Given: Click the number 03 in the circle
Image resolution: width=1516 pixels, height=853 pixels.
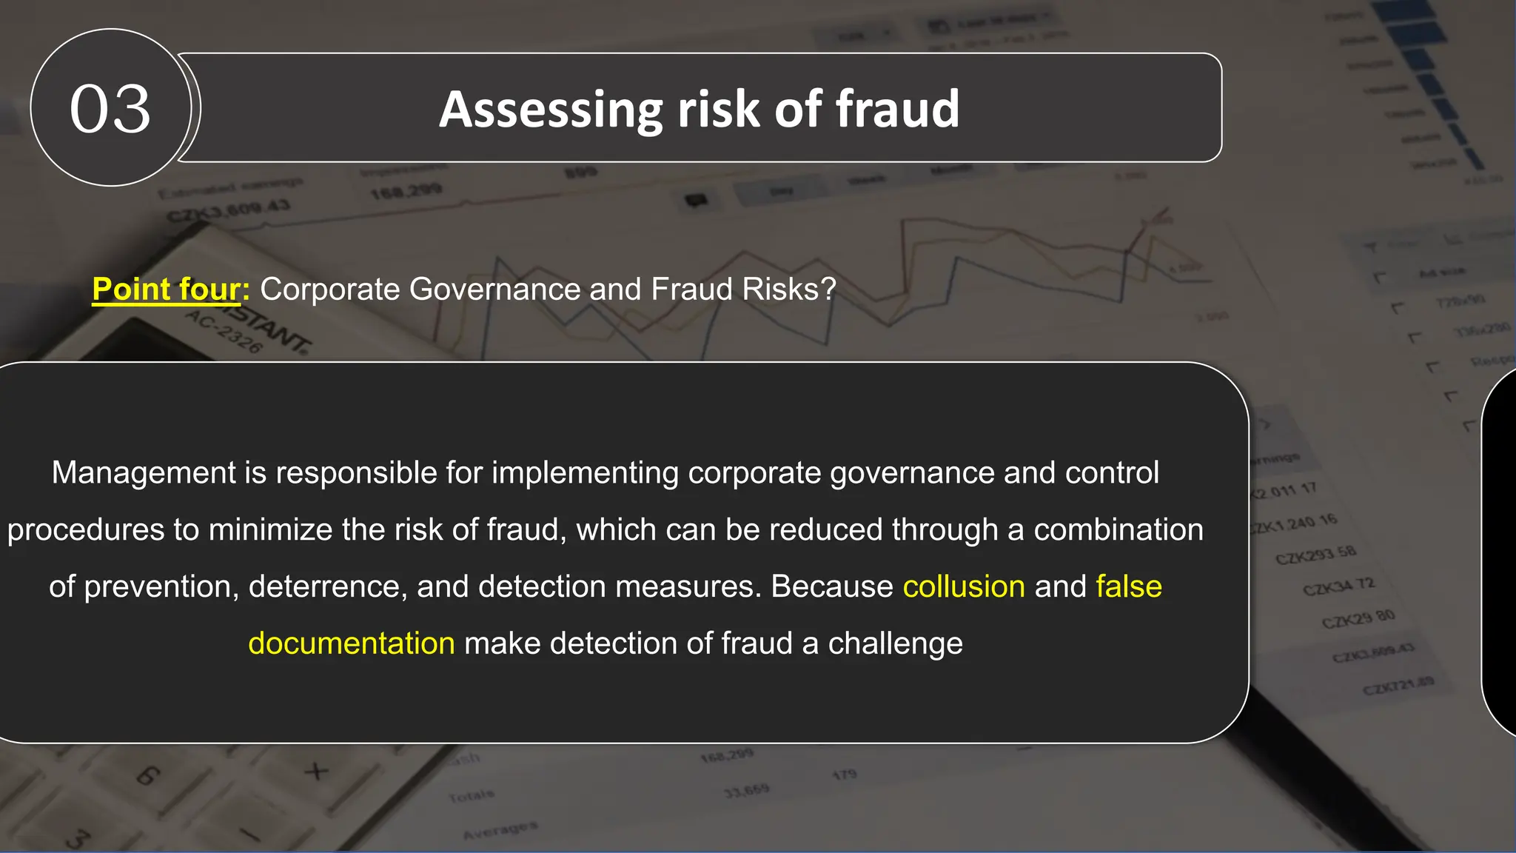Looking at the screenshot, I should pos(110,109).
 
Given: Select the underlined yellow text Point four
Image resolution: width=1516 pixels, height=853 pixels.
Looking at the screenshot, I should pos(167,289).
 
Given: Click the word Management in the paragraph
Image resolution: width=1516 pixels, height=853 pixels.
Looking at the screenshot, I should pos(144,472).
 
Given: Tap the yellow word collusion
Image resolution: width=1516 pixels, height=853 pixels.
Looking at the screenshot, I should pos(964,586).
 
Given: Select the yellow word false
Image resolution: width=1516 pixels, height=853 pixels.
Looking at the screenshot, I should pos(1129,586).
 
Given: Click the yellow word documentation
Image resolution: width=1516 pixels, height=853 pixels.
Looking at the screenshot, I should pos(352,643).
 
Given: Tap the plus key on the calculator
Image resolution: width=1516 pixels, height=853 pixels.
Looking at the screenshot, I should pos(316,772).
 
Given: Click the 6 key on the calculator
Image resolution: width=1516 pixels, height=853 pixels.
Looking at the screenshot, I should pos(148,775).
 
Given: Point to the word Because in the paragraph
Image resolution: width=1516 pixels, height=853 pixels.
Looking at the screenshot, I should pos(832,586).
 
